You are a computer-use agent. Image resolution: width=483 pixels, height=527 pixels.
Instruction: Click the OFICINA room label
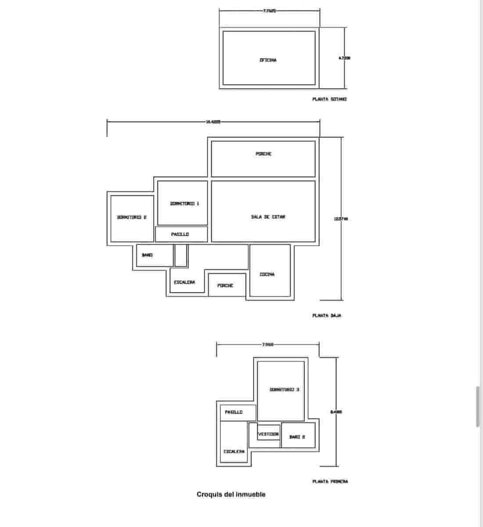[268, 60]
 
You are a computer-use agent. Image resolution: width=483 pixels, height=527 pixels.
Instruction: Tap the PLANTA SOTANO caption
[329, 99]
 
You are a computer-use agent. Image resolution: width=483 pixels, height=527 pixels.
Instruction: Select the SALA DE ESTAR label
[268, 217]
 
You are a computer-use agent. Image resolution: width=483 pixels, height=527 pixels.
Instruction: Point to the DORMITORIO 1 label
[184, 203]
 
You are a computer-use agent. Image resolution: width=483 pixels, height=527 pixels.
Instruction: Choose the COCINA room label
[267, 274]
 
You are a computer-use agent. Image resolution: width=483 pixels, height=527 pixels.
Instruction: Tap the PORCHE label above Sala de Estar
[263, 154]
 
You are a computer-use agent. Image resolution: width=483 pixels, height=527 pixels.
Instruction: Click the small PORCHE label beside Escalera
[225, 285]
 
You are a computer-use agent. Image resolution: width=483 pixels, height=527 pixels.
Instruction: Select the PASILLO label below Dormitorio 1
[180, 235]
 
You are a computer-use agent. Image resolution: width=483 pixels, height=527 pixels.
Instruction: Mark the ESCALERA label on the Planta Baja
[184, 282]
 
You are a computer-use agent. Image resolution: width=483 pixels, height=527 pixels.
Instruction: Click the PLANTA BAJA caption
[327, 315]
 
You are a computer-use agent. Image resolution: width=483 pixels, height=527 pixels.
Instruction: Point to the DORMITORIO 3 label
[284, 390]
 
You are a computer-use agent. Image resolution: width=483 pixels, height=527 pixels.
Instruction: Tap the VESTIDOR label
[268, 434]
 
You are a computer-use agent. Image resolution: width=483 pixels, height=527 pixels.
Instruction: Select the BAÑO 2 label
[297, 437]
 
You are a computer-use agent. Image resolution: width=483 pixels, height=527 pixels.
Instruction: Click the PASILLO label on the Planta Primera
[234, 412]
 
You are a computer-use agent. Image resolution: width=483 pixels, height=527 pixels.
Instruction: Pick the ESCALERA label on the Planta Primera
[234, 451]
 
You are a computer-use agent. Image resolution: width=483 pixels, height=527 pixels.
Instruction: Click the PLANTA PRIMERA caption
[330, 481]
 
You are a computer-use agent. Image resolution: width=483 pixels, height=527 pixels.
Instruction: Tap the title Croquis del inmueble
[231, 495]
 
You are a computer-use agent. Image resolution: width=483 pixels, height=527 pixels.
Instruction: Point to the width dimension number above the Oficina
[269, 11]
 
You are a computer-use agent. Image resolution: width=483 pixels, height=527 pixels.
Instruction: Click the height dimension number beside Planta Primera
[336, 412]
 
